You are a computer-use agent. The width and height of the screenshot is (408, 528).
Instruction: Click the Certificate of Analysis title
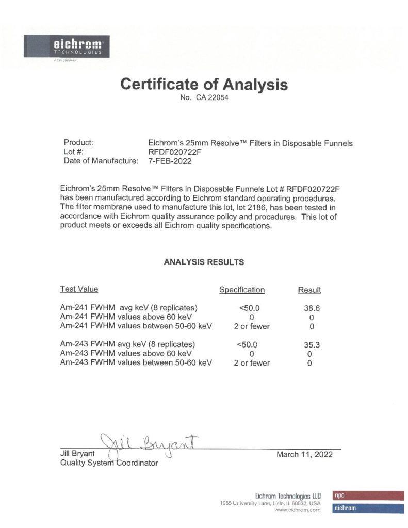[204, 84]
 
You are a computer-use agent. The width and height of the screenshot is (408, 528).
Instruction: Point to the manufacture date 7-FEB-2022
[170, 161]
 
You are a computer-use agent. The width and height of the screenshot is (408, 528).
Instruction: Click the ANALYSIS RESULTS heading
[204, 262]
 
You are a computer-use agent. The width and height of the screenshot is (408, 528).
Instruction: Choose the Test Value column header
[79, 289]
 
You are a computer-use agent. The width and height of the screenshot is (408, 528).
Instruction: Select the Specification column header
[242, 290]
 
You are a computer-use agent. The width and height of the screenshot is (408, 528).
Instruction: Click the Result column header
[309, 290]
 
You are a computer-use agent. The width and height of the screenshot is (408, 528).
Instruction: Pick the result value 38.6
[309, 307]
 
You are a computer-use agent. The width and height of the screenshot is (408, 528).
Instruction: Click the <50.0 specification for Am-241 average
[249, 307]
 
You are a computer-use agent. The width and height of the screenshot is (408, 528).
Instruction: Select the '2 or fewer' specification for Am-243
[252, 363]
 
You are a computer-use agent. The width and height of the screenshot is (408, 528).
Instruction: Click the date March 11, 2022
[304, 454]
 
